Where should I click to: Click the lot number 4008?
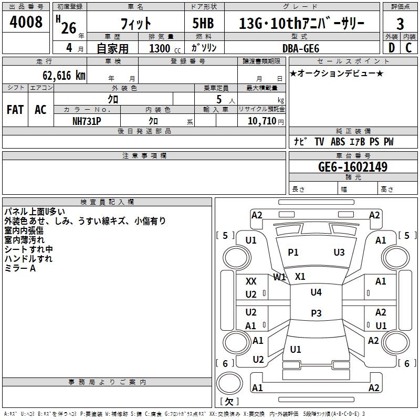click(x=26, y=22)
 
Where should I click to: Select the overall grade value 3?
click(x=400, y=24)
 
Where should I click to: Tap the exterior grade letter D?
click(x=392, y=48)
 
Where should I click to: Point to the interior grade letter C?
click(x=408, y=48)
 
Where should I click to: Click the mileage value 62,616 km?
click(x=64, y=76)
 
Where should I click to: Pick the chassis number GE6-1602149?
click(x=353, y=167)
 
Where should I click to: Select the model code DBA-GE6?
click(x=301, y=48)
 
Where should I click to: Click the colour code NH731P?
click(x=87, y=121)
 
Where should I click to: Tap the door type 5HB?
click(x=203, y=23)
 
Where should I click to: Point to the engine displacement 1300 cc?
click(x=165, y=48)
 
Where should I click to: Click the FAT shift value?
click(x=15, y=110)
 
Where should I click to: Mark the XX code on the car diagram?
click(x=251, y=281)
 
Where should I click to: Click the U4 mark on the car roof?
click(x=316, y=292)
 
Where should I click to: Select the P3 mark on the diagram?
click(x=316, y=313)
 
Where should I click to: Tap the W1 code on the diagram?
click(x=279, y=277)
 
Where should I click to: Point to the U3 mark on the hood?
click(x=339, y=252)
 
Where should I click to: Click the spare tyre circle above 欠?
click(x=229, y=383)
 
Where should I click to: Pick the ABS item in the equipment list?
click(x=338, y=142)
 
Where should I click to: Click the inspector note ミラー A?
click(x=20, y=268)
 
